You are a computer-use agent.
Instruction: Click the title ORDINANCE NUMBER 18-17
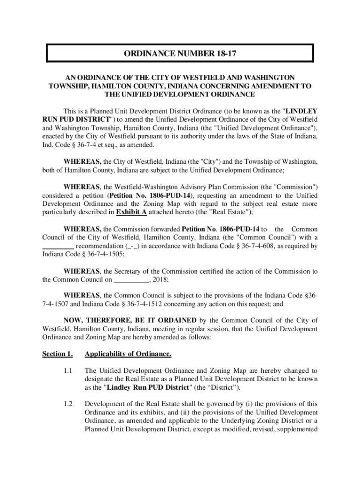click(180, 54)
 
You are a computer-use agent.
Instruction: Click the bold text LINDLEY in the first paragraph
click(302, 111)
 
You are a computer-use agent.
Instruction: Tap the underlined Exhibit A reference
click(131, 212)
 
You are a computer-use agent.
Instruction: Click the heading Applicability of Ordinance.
click(128, 354)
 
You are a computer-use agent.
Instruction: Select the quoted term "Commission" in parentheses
click(292, 187)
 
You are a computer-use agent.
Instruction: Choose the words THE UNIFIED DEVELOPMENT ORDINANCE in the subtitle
click(180, 94)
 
